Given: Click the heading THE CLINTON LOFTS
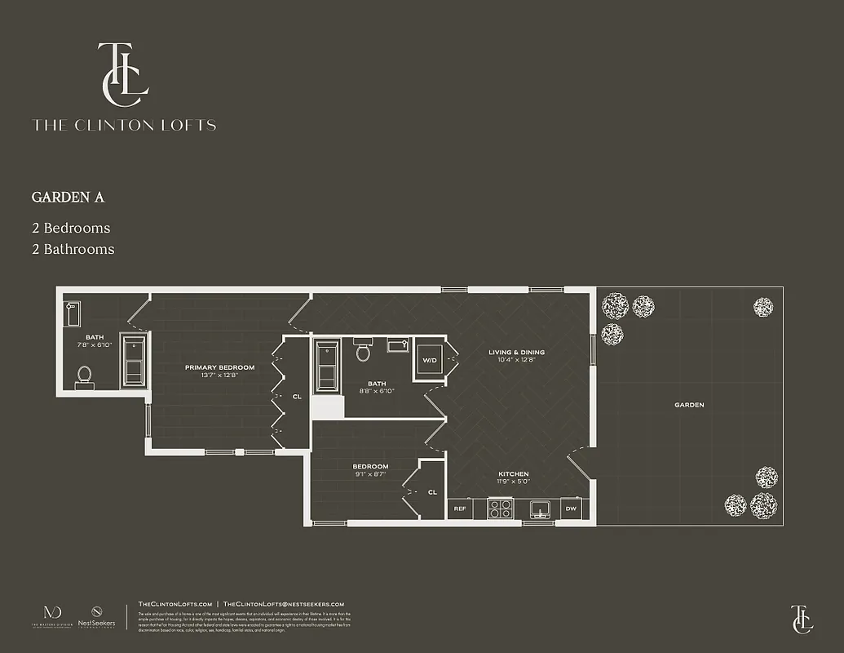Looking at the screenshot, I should coord(124,126).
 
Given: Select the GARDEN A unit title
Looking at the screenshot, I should coord(68,198).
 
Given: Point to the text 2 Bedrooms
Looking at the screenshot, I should coord(71,228).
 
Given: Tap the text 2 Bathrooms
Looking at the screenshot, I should coord(73,249).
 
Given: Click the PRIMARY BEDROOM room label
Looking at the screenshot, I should coord(219,367).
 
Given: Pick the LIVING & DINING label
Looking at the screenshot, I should coord(516,353).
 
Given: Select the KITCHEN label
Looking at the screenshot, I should coord(514,474).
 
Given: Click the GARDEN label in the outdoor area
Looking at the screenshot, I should coord(689,405).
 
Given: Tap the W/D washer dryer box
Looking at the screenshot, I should coord(429,359).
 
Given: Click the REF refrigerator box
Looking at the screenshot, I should coord(460,509).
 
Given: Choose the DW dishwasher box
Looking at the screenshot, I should coord(571,509).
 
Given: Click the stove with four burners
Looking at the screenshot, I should coord(500,509).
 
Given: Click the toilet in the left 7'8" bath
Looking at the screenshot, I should coord(85,376).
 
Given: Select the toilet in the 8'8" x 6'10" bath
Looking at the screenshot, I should coord(364,352).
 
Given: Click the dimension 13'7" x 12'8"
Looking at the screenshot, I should coord(219,375).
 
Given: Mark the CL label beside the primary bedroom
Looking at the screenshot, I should coord(297,398).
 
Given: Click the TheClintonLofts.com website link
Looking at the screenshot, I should coord(175,603).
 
